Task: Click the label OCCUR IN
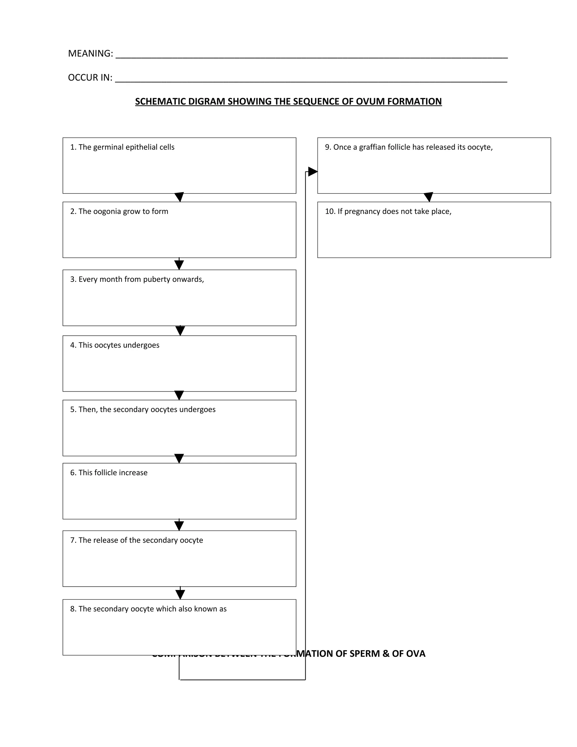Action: click(90, 78)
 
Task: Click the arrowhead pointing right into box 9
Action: click(312, 172)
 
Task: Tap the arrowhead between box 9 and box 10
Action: click(428, 197)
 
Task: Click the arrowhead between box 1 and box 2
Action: click(179, 197)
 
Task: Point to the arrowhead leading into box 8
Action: click(180, 594)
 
